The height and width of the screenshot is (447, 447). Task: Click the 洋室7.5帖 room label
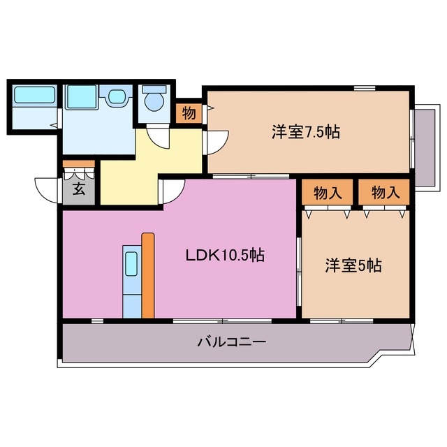pyautogui.click(x=305, y=132)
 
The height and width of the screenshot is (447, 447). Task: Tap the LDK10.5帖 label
pyautogui.click(x=224, y=256)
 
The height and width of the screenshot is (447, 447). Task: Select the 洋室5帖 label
pyautogui.click(x=353, y=265)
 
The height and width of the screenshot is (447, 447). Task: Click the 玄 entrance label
pyautogui.click(x=79, y=189)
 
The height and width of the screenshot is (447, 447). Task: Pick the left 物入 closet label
pyautogui.click(x=328, y=193)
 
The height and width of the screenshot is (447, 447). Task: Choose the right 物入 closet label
pyautogui.click(x=386, y=193)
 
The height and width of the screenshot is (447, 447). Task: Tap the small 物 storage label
pyautogui.click(x=188, y=112)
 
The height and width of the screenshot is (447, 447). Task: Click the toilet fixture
pyautogui.click(x=153, y=102)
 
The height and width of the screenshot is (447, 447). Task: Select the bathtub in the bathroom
pyautogui.click(x=34, y=96)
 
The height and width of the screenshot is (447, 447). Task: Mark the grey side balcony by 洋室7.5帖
pyautogui.click(x=425, y=143)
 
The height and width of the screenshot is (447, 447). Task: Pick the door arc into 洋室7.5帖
pyautogui.click(x=217, y=143)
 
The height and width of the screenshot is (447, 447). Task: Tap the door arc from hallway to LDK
pyautogui.click(x=171, y=189)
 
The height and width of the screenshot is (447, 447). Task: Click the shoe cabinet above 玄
pyautogui.click(x=78, y=167)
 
